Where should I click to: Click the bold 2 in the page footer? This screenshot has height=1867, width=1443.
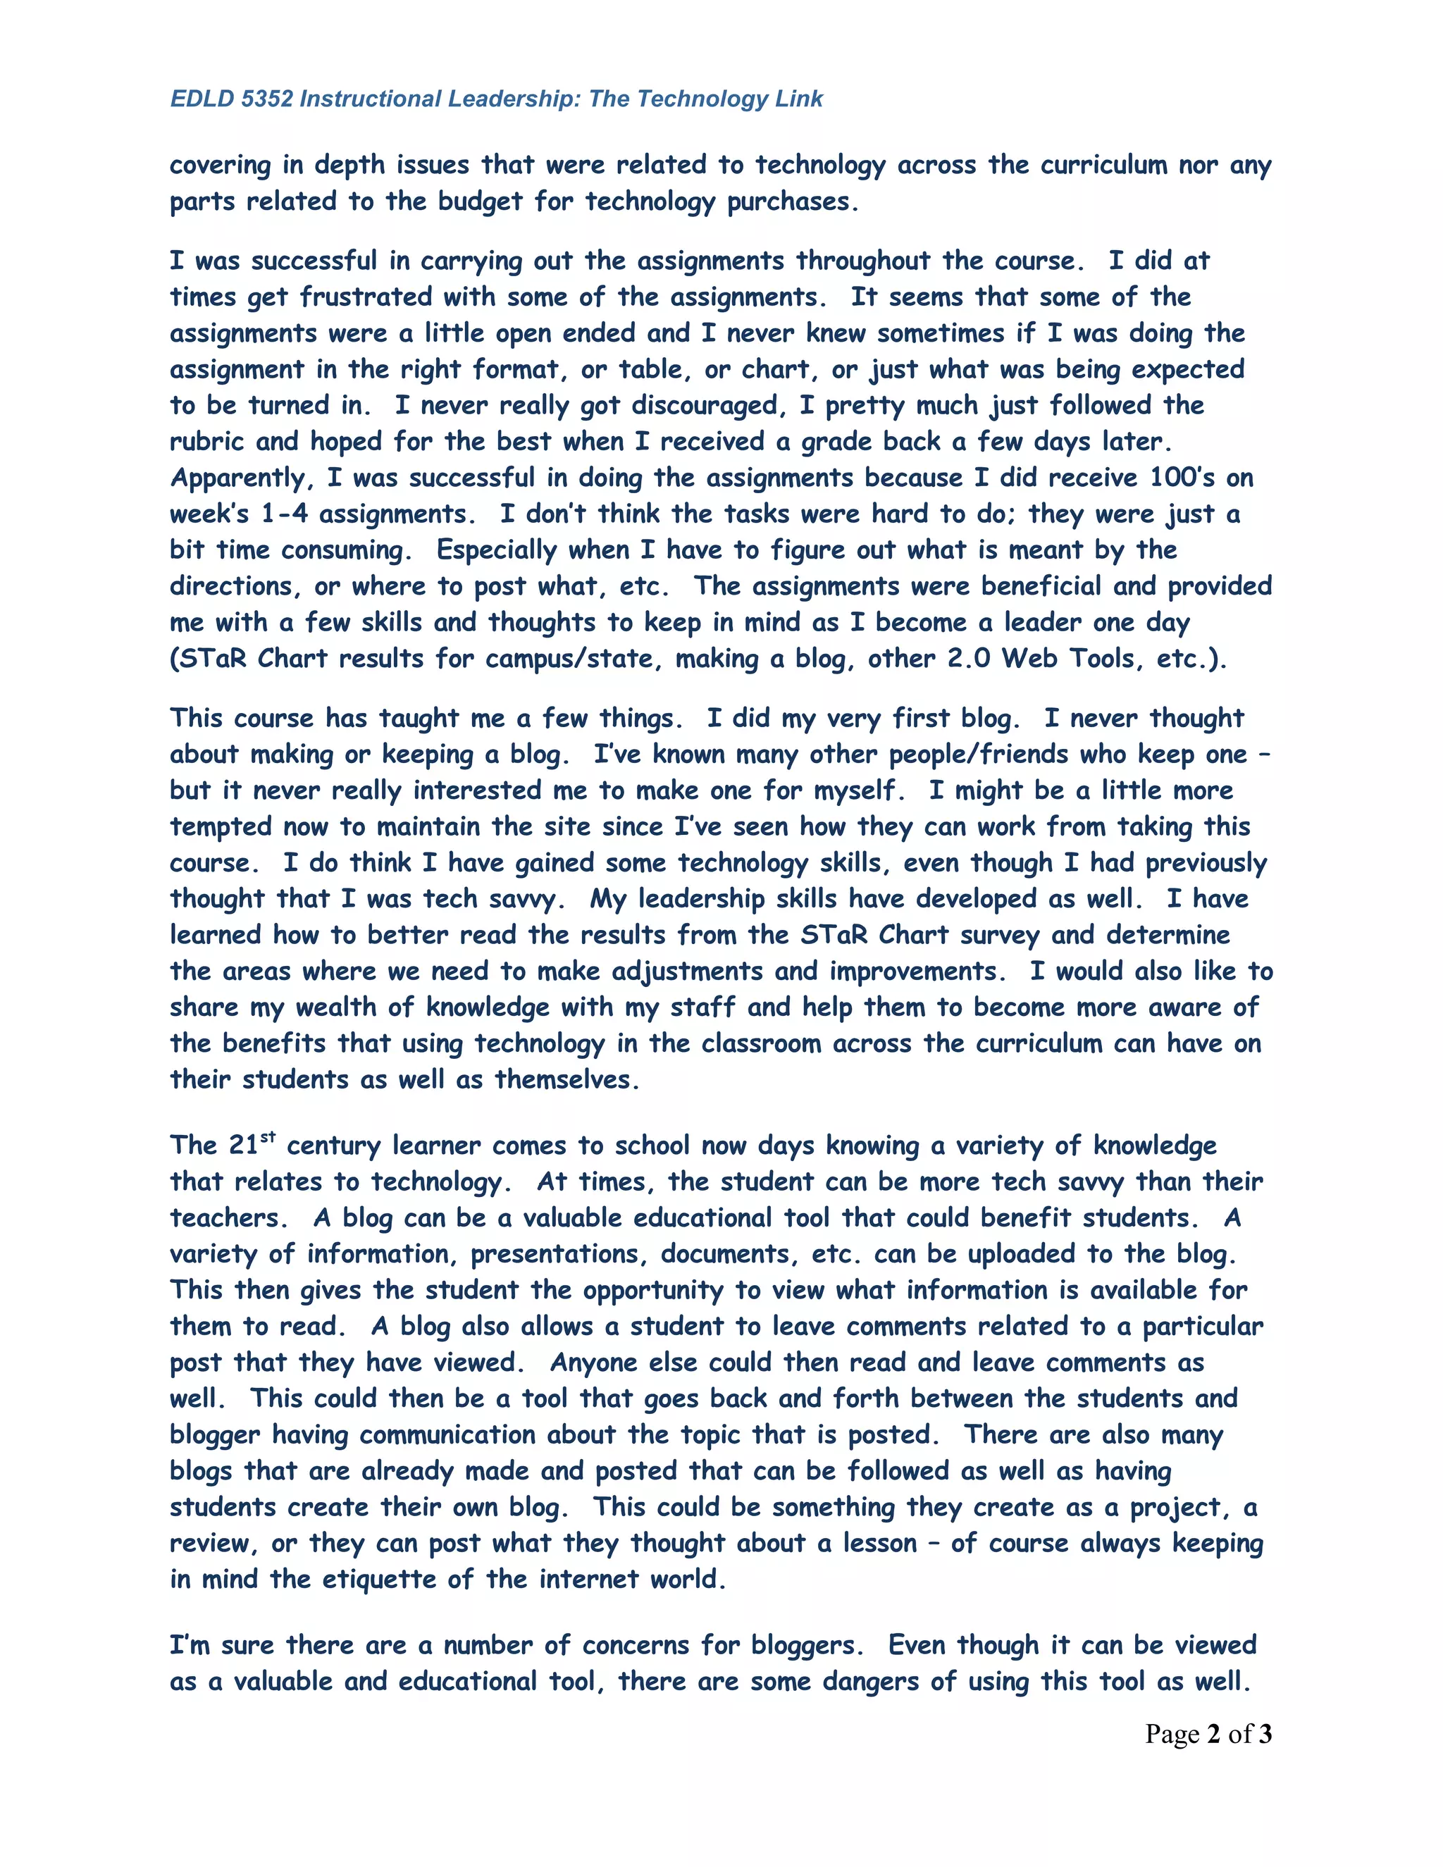[1213, 1734]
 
